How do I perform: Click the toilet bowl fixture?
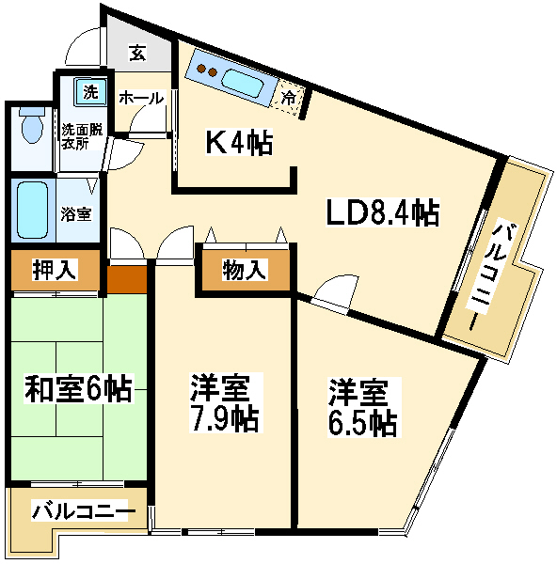(32, 125)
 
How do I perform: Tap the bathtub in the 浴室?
(33, 211)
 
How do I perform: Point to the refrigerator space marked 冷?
(288, 98)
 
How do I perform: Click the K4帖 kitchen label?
(239, 143)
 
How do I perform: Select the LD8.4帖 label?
(382, 212)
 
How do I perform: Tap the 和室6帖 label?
(78, 388)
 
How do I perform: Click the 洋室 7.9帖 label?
(226, 402)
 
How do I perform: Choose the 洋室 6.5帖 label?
(364, 407)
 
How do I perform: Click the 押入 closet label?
(55, 270)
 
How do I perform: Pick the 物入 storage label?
(245, 270)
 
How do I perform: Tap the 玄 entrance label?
(137, 53)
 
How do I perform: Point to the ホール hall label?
(141, 98)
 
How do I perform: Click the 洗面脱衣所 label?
(82, 136)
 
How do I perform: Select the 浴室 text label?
(76, 214)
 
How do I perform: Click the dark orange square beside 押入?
(127, 279)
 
